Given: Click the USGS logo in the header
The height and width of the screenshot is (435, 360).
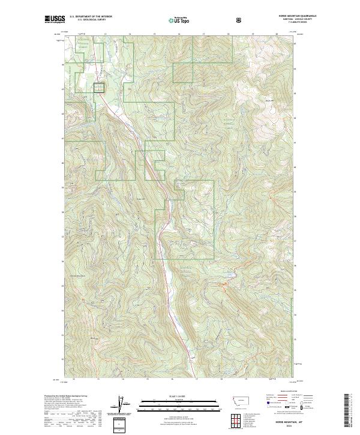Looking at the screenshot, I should [55, 19].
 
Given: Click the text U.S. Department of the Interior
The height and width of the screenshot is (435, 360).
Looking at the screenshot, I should [91, 17].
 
